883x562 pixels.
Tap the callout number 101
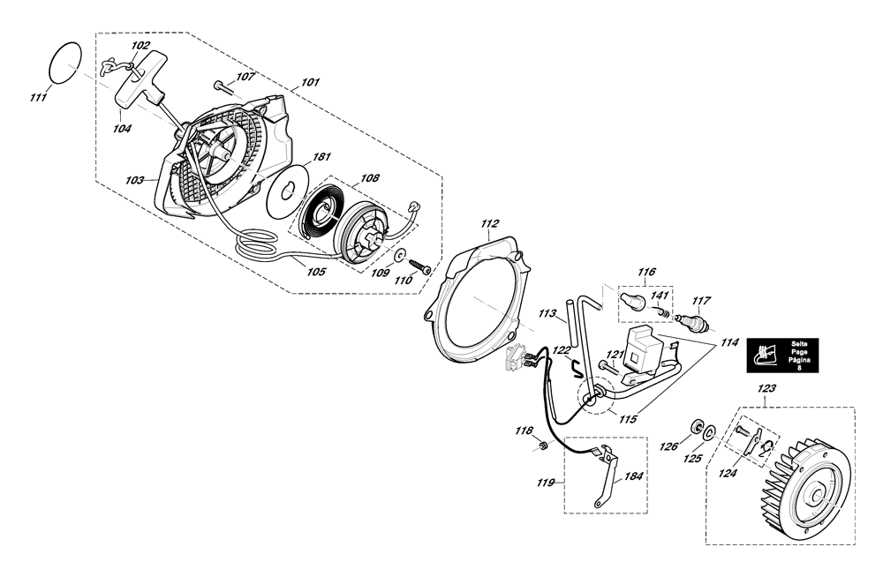pyautogui.click(x=310, y=82)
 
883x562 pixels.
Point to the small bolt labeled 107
pyautogui.click(x=223, y=86)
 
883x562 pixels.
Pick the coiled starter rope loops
pyautogui.click(x=257, y=245)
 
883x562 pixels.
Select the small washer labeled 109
pyautogui.click(x=400, y=255)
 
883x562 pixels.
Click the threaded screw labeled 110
pyautogui.click(x=420, y=266)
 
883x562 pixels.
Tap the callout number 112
pyautogui.click(x=490, y=223)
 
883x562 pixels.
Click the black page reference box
pyautogui.click(x=782, y=355)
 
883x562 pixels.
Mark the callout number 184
pyautogui.click(x=633, y=476)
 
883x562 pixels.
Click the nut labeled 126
pyautogui.click(x=697, y=427)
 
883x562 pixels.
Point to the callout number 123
pyautogui.click(x=767, y=388)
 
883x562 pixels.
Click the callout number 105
pyautogui.click(x=316, y=272)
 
